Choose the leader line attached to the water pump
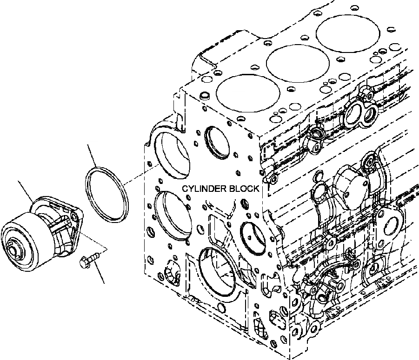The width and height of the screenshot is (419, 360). click(25, 190)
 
